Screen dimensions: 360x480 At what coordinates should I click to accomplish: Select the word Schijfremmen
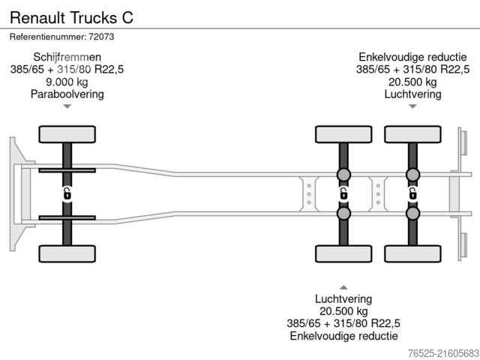(67, 57)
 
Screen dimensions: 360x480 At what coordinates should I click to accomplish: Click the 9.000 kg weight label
(67, 82)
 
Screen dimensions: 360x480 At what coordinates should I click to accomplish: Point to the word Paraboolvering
(67, 94)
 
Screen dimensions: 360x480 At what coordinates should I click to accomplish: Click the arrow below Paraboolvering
(67, 106)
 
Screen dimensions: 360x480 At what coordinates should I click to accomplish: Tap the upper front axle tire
(67, 134)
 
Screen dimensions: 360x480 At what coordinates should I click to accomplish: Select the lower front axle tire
(67, 253)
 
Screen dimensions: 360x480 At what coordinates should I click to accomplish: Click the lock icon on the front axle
(67, 193)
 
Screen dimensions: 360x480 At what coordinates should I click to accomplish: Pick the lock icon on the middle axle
(343, 193)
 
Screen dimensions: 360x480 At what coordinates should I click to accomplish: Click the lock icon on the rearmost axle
(412, 193)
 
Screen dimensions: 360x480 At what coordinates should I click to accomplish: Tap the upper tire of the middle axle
(343, 134)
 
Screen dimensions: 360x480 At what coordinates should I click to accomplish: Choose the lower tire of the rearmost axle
(412, 253)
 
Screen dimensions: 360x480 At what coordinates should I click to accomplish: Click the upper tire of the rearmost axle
(412, 134)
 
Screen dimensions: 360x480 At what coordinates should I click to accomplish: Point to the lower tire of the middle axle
(343, 253)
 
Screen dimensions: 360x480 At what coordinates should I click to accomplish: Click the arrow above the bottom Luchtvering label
(343, 286)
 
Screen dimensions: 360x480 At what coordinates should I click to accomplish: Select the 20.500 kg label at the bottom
(343, 310)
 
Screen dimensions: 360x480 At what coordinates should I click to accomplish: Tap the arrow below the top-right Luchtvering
(412, 106)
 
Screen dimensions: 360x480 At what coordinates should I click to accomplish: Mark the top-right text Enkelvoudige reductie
(412, 57)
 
